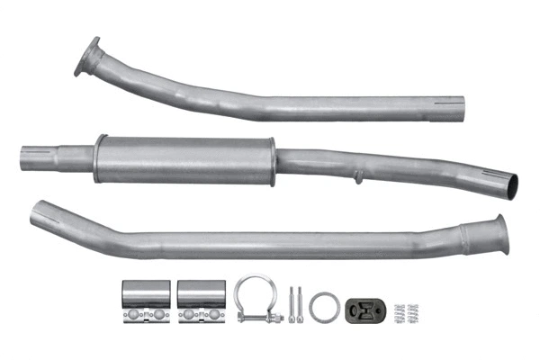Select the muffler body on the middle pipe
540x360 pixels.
[x=180, y=159]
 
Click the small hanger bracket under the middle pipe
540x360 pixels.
[x=358, y=177]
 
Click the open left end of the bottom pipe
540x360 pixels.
[x=38, y=216]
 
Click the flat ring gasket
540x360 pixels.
[x=325, y=306]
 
